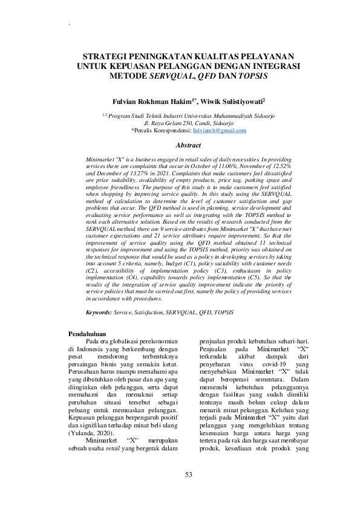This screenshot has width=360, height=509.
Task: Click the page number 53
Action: tap(188, 475)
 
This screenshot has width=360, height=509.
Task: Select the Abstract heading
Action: tap(188, 145)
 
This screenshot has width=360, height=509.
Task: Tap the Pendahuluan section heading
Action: tap(88, 334)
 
